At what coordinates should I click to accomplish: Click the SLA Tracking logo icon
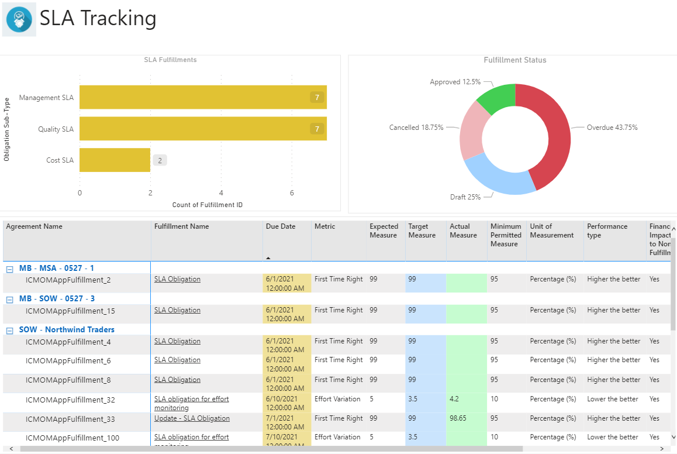19,20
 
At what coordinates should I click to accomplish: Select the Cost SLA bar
115,160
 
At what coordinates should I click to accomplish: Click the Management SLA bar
202,97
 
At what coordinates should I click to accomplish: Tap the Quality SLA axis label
56,129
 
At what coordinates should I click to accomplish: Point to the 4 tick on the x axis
221,193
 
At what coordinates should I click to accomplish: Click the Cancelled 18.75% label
416,127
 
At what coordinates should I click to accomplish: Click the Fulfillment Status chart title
515,60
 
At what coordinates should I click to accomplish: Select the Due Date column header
281,226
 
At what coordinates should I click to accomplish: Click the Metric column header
325,226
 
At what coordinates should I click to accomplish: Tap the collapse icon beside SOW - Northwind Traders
9,330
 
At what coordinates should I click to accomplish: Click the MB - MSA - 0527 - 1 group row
57,268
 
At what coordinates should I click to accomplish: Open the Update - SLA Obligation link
192,418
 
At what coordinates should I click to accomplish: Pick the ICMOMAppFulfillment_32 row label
70,400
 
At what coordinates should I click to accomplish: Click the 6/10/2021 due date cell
286,403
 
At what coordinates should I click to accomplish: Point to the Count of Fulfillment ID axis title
207,205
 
